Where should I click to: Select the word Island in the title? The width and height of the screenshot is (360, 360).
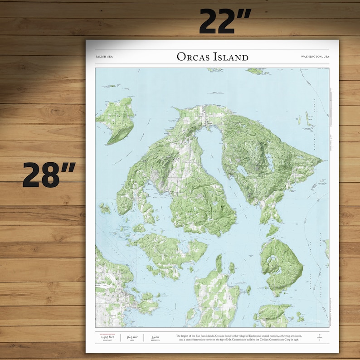232,57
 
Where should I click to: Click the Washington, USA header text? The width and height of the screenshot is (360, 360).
315,57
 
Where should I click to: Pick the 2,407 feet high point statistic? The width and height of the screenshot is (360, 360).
107,338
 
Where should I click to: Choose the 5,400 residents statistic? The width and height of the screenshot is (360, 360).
155,338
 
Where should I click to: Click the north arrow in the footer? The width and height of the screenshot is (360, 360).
319,337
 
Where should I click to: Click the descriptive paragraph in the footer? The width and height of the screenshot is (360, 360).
237,338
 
